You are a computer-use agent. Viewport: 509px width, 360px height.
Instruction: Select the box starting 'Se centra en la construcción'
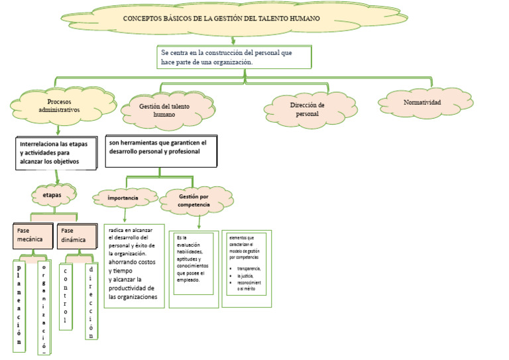point(234,57)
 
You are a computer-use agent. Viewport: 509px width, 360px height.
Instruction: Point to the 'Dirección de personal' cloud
point(307,109)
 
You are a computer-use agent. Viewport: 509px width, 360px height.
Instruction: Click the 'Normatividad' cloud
point(422,103)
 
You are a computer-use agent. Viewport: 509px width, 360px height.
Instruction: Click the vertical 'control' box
point(65,294)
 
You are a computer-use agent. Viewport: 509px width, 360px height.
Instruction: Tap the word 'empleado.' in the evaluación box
point(188,280)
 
